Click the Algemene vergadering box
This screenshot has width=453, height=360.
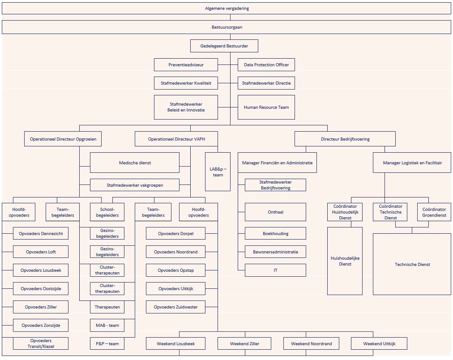pyautogui.click(x=226, y=9)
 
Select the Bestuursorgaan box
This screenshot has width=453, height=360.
pyautogui.click(x=226, y=27)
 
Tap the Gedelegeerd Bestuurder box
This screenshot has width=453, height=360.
pyautogui.click(x=224, y=46)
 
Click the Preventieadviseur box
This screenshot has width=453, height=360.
pyautogui.click(x=186, y=65)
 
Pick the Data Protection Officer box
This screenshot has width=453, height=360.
pyautogui.click(x=266, y=65)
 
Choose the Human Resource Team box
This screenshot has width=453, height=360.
pyautogui.click(x=266, y=107)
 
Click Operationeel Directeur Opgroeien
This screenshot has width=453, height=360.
pyautogui.click(x=63, y=139)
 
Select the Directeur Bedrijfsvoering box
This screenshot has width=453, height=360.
pyautogui.click(x=345, y=139)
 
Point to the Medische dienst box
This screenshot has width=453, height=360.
pyautogui.click(x=135, y=163)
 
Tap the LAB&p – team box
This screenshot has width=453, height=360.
pyautogui.click(x=218, y=172)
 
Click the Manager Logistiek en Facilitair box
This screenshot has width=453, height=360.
pyautogui.click(x=412, y=163)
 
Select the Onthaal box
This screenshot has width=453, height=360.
pyautogui.click(x=275, y=212)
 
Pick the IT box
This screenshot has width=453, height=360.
pyautogui.click(x=275, y=270)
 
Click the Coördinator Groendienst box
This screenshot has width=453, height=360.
pyautogui.click(x=434, y=212)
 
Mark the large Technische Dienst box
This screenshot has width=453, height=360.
pyautogui.click(x=412, y=264)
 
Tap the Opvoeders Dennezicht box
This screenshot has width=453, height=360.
pyautogui.click(x=41, y=234)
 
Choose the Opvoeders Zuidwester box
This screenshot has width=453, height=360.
pyautogui.click(x=175, y=307)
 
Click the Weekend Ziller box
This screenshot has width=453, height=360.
pyautogui.click(x=244, y=344)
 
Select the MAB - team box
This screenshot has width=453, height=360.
pyautogui.click(x=107, y=326)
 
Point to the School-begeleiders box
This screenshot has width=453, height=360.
pyautogui.click(x=107, y=212)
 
